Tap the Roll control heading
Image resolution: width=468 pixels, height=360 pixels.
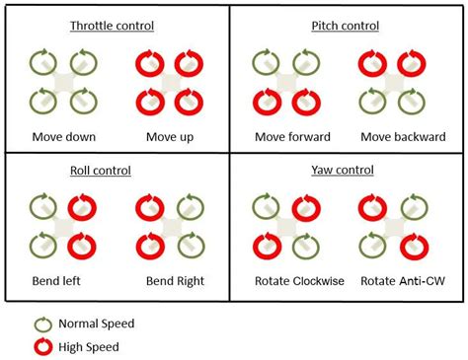(116, 170)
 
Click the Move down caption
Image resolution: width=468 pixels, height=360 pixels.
(64, 136)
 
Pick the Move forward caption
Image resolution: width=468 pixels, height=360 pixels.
(292, 136)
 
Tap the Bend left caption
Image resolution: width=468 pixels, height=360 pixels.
(57, 281)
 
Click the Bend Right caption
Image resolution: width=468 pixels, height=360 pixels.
(175, 281)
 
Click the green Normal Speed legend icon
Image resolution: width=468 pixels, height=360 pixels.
(42, 324)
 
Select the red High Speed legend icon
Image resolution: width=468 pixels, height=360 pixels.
(42, 346)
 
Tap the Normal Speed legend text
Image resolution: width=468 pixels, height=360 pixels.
(97, 324)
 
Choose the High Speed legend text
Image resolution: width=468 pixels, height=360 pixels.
(90, 346)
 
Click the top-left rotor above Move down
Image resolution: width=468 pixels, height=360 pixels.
(41, 63)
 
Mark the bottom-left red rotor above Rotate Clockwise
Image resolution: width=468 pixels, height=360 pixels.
(265, 244)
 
